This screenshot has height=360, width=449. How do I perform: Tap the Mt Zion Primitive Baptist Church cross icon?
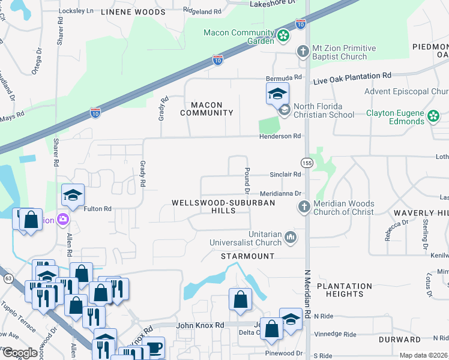pos(303,52)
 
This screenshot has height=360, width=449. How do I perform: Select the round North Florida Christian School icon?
pos(284,110)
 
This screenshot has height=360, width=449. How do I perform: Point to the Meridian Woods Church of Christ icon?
pos(304,207)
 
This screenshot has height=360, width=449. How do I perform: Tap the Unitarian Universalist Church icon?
pos(291,238)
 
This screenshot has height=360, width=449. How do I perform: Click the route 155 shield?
pos(307,163)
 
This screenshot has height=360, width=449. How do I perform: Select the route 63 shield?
pos(8,278)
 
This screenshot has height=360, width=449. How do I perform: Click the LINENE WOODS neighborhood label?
pos(133,12)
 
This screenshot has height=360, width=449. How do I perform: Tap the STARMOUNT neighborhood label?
pos(247,256)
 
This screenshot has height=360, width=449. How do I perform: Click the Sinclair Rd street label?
pos(285,175)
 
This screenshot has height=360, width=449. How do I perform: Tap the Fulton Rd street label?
pos(98,209)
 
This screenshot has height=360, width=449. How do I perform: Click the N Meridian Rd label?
pos(307,288)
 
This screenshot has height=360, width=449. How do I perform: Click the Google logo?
pos(20,353)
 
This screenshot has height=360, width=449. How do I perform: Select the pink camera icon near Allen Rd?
pos(62,220)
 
